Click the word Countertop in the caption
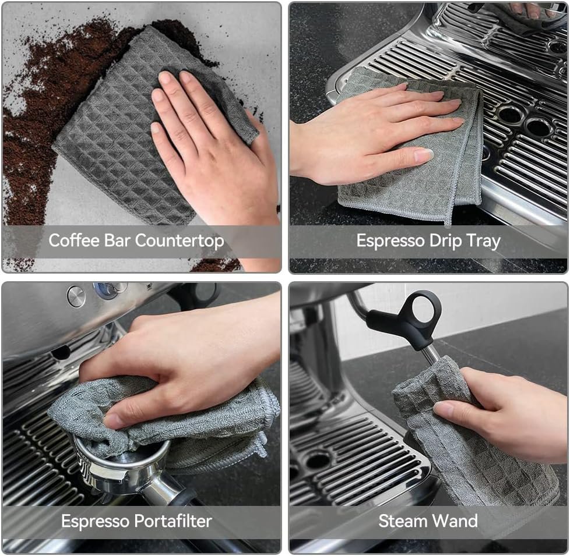[180, 241]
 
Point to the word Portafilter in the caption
[173, 520]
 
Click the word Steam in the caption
[402, 520]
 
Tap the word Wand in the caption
[455, 520]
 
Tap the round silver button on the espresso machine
[76, 295]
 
